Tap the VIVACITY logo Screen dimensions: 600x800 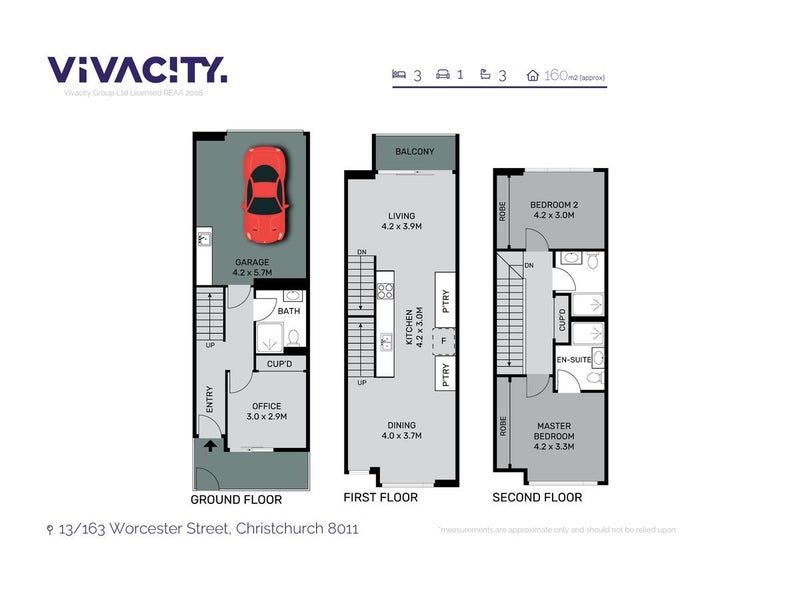pyautogui.click(x=137, y=70)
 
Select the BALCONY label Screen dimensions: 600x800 pyautogui.click(x=414, y=151)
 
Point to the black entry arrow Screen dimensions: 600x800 pyautogui.click(x=211, y=447)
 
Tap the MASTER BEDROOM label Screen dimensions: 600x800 pyautogui.click(x=553, y=431)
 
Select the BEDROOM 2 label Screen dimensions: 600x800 pyautogui.click(x=556, y=208)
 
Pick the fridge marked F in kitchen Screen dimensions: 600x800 pyautogui.click(x=443, y=341)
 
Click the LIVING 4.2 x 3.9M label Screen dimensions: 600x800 pyautogui.click(x=401, y=221)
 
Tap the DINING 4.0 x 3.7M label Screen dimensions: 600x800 pyautogui.click(x=400, y=429)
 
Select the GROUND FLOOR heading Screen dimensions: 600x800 pyautogui.click(x=236, y=499)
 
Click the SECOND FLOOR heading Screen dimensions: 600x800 pyautogui.click(x=537, y=497)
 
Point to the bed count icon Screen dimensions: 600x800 pyautogui.click(x=397, y=74)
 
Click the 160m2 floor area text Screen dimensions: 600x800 pyautogui.click(x=572, y=75)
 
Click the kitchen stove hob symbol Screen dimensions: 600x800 pyautogui.click(x=385, y=291)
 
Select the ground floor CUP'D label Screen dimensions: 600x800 pyautogui.click(x=278, y=364)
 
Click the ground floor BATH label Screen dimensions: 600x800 pyautogui.click(x=289, y=312)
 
